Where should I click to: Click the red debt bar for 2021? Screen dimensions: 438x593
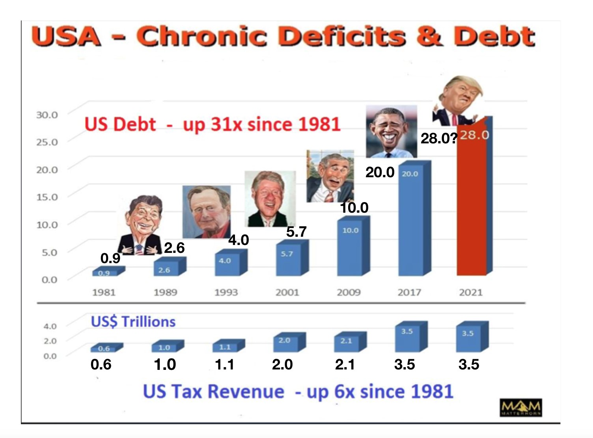coord(472,205)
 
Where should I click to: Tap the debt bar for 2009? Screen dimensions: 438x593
coord(350,248)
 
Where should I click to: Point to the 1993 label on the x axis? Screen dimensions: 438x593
coord(226,292)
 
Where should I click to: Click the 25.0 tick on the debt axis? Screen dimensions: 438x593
coord(47,142)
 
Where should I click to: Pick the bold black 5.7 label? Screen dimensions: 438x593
coord(296,232)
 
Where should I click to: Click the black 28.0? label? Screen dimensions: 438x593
coord(439,138)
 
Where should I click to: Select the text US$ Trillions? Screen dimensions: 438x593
coord(133,322)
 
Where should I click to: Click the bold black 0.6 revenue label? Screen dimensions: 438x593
coord(101,364)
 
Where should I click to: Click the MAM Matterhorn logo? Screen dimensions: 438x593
coord(520,407)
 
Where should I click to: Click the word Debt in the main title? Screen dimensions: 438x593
coord(494,36)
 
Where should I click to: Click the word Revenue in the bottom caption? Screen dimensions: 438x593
coord(246,392)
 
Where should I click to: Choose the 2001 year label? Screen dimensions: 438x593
coord(287,292)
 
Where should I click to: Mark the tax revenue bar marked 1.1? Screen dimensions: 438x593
coord(226,346)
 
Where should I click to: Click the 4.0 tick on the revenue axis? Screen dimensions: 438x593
coord(50,326)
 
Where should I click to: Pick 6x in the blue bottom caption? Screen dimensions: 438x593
coord(344,392)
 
